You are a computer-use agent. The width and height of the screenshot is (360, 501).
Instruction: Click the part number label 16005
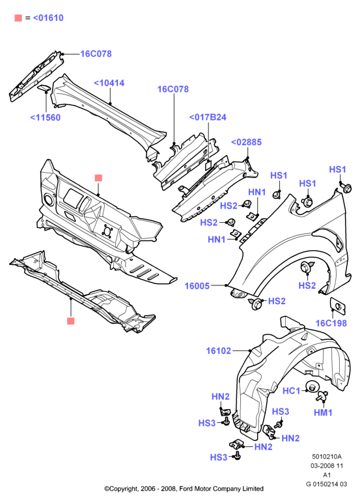[x=197, y=285]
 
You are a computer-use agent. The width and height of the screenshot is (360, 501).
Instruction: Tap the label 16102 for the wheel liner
[x=218, y=351]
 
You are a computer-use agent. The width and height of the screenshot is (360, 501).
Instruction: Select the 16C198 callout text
[x=331, y=323]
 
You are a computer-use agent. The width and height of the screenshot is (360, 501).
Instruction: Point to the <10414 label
[x=109, y=83]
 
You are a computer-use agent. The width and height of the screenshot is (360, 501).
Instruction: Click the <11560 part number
[x=46, y=117]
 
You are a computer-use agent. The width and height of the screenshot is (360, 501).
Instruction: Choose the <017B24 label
[x=208, y=117]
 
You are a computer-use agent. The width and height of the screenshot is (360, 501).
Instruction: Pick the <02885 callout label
[x=246, y=142]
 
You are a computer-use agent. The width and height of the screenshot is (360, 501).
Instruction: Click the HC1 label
[x=292, y=390]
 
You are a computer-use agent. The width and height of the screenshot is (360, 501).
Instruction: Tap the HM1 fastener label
[x=323, y=412]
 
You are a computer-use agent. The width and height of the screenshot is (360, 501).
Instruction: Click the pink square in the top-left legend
[x=18, y=18]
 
